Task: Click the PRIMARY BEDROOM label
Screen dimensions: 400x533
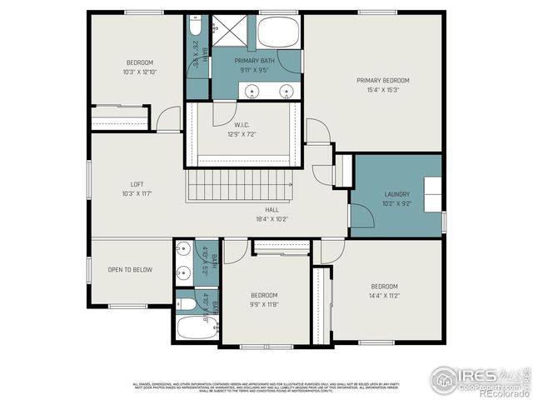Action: click(x=383, y=81)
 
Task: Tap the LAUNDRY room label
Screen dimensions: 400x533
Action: click(x=396, y=193)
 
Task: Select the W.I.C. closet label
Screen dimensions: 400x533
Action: click(x=243, y=125)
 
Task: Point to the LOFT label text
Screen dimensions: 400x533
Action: click(x=137, y=184)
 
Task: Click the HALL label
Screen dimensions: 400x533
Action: click(x=272, y=210)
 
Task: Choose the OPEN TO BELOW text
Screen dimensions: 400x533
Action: click(x=130, y=269)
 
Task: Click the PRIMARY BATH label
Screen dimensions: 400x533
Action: click(x=256, y=61)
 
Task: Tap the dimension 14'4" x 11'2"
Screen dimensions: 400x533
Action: click(x=384, y=295)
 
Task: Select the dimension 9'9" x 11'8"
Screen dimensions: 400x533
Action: click(x=264, y=306)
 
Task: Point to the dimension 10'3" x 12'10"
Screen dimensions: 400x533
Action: click(x=139, y=72)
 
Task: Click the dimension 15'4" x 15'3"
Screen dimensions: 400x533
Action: click(x=383, y=91)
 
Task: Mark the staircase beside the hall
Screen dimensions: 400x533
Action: click(x=238, y=183)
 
